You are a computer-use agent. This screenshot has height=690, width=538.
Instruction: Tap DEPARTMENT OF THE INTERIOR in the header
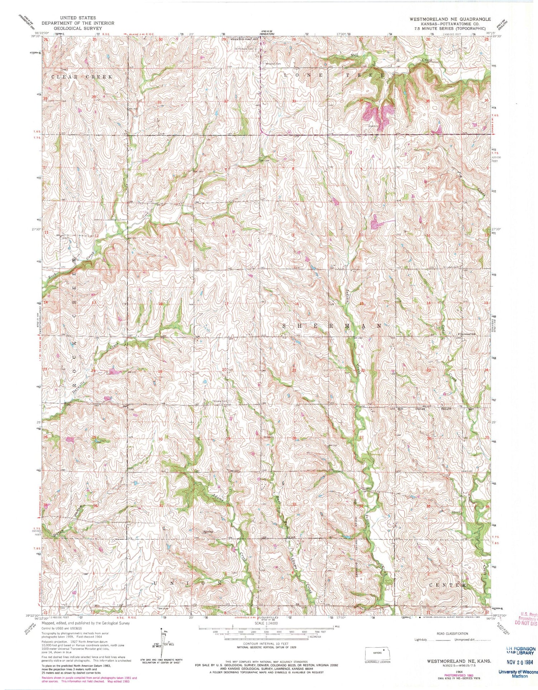[x=78, y=23]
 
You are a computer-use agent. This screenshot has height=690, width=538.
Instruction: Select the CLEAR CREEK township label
[x=82, y=77]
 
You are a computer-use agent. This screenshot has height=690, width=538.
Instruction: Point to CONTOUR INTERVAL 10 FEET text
[x=266, y=643]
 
